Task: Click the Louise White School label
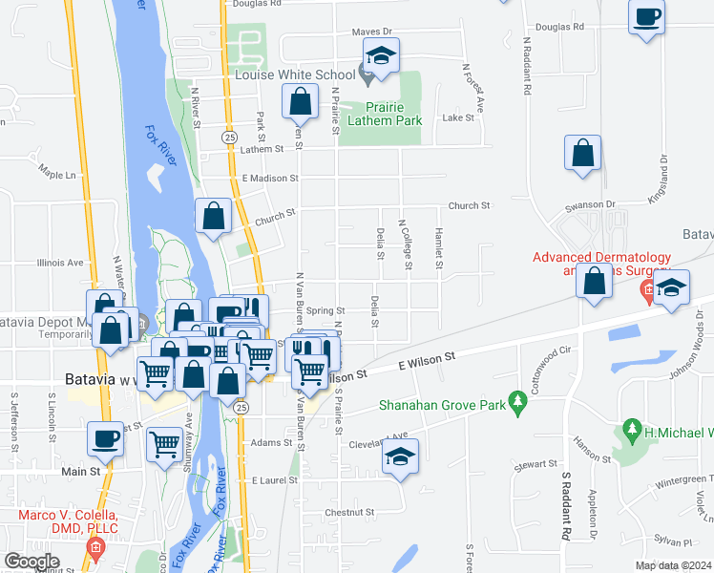294,74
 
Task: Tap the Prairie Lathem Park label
382,115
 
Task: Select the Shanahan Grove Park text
440,404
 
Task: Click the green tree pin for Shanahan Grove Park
518,403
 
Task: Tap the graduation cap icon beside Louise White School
382,57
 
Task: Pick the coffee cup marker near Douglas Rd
646,17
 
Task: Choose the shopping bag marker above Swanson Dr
582,154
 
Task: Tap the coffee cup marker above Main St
105,439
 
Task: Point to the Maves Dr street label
372,32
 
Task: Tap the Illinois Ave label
60,263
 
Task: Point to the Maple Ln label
56,175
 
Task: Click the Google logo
32,562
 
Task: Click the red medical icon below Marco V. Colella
94,548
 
